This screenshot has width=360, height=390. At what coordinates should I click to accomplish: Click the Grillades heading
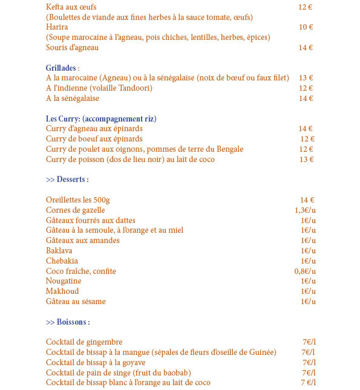point(62,68)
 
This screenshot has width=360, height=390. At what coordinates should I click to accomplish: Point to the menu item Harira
point(57,27)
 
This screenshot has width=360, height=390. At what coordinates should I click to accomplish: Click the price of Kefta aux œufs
point(306,7)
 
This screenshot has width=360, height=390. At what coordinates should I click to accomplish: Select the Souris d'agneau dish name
point(72,48)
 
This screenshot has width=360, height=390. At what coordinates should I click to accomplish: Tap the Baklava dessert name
point(59,251)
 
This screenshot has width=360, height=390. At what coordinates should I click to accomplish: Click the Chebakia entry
point(61,261)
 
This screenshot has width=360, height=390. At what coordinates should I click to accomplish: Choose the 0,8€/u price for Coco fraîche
point(305,271)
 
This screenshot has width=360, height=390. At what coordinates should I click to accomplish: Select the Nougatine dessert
point(64,281)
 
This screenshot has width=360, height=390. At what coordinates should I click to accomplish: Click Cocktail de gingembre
point(84,342)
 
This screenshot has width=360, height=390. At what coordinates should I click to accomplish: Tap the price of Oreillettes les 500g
point(307,200)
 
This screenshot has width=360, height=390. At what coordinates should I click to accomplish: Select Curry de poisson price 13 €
point(306,160)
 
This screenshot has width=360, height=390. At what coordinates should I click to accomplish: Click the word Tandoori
point(134,88)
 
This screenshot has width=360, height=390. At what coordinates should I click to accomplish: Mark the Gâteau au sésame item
point(76,302)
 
